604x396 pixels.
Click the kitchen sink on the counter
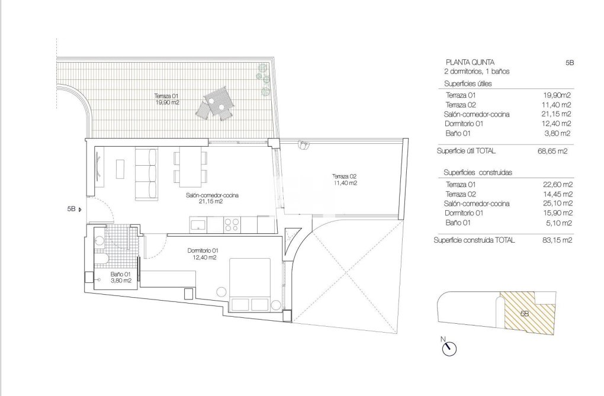[197, 224]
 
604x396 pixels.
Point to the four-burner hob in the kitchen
[232, 224]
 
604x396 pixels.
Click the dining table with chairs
[190, 168]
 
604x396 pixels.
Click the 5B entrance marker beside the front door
[74, 209]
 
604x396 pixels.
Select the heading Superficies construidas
[478, 172]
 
